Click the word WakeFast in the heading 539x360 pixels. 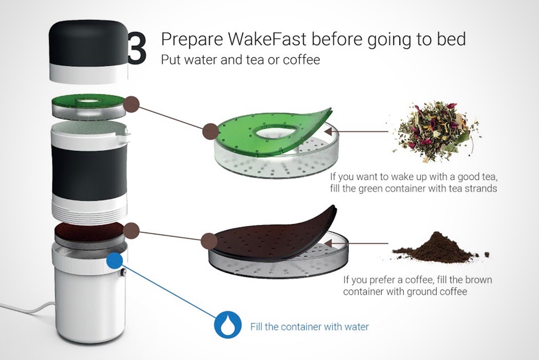[266, 39]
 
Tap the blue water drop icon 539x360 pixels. [227, 325]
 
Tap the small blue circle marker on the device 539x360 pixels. [114, 261]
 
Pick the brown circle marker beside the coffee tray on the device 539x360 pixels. [131, 231]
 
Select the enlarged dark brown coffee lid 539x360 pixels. [272, 237]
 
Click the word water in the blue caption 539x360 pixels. [354, 327]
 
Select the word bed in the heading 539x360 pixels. [451, 39]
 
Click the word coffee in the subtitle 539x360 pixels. [301, 60]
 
